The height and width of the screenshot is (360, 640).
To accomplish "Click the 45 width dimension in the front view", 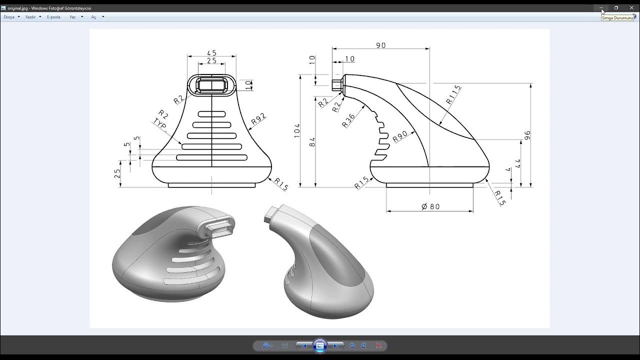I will click(x=211, y=53).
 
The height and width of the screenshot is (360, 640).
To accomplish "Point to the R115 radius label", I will click(x=453, y=95).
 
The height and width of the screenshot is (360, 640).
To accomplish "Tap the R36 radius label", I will click(x=348, y=120).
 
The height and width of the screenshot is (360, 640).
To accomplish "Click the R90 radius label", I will click(x=400, y=136).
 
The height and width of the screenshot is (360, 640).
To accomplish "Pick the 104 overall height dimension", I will click(x=297, y=131).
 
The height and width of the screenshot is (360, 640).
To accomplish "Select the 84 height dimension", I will click(x=312, y=141).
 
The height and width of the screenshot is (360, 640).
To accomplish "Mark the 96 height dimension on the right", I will click(x=527, y=135).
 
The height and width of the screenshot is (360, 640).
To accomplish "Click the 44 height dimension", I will click(x=517, y=163).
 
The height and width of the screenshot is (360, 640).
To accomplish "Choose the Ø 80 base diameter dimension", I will click(x=430, y=206).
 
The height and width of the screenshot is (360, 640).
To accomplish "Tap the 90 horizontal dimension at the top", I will click(x=381, y=45).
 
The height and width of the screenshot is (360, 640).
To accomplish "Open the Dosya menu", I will click(x=9, y=17).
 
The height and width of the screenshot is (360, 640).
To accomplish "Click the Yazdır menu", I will click(x=31, y=17).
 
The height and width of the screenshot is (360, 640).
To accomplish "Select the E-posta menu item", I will click(x=53, y=17).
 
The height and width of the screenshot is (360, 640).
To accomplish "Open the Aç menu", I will click(x=93, y=17).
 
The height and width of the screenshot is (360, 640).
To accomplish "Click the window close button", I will click(x=630, y=8).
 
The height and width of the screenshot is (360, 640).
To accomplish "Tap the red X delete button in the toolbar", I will click(x=378, y=345).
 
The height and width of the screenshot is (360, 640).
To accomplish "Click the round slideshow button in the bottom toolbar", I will click(x=320, y=345).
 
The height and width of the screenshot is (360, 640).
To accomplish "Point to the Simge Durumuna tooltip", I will click(x=617, y=18).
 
